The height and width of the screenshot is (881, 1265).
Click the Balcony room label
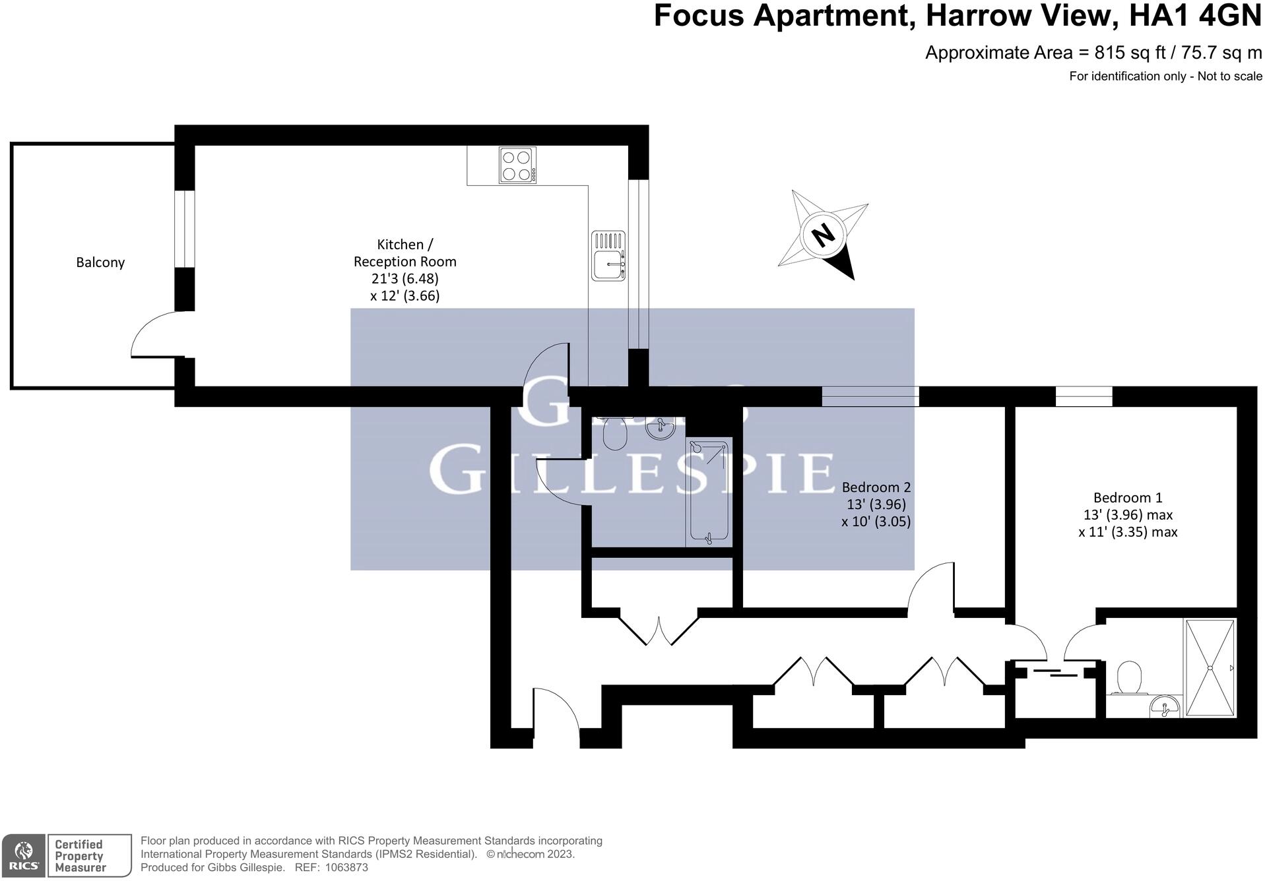(x=100, y=262)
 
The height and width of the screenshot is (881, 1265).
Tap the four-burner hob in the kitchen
(x=517, y=166)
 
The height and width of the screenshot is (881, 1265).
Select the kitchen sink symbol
(x=608, y=256)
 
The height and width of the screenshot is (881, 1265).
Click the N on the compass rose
(x=823, y=234)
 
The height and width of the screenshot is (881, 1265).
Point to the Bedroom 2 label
(x=876, y=487)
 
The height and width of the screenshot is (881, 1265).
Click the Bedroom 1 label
(x=1127, y=498)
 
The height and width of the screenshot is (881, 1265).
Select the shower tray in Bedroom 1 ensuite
(x=1210, y=667)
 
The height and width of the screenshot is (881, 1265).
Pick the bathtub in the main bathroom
(x=709, y=493)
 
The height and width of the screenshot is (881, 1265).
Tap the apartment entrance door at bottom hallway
(x=556, y=709)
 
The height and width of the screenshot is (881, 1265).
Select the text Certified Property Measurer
(x=79, y=856)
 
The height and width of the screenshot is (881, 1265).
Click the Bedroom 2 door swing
(x=930, y=586)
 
